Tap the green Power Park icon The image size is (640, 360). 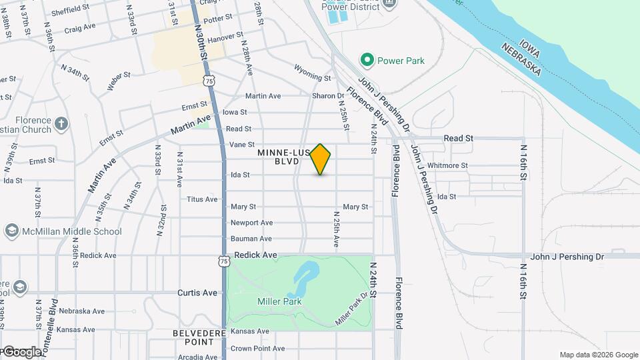pos(366,61)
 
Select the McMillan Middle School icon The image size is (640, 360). pos(11,231)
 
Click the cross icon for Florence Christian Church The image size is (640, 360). pos(61,123)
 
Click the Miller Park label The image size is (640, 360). pos(279,301)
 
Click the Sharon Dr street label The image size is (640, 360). pos(328,96)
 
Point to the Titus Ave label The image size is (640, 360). pos(202,199)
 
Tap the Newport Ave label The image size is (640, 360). pos(251,223)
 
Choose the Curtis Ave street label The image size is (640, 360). pos(197,293)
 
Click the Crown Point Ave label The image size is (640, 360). pos(257,348)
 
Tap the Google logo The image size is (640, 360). pos(21,351)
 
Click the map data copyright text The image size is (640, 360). pos(599,355)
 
